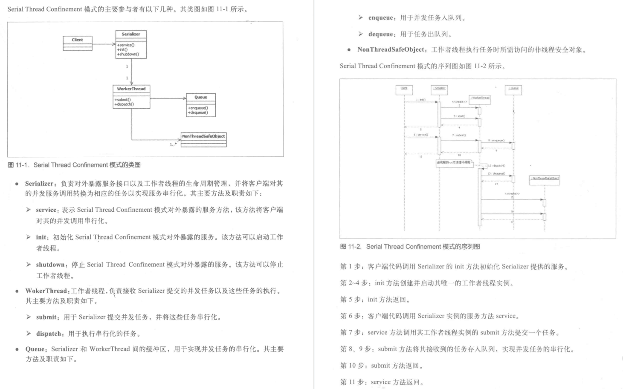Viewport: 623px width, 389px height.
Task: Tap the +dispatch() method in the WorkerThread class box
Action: (x=124, y=104)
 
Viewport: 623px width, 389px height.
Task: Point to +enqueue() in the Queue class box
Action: (x=198, y=108)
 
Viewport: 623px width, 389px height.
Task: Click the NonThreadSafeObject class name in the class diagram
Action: (x=203, y=136)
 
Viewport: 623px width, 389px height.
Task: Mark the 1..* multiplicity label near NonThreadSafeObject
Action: (x=173, y=144)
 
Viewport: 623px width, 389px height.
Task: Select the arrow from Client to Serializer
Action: (x=104, y=44)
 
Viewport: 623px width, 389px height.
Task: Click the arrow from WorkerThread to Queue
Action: (x=168, y=98)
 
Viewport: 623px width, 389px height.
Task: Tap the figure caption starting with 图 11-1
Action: (x=74, y=165)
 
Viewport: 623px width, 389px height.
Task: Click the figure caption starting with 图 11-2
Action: (x=410, y=247)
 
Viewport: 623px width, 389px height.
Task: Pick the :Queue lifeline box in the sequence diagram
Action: (x=513, y=89)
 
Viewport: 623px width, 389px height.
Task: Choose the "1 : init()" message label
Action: (x=420, y=100)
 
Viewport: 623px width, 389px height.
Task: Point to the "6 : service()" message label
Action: (x=420, y=135)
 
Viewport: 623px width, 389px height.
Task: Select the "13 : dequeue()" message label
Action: (x=496, y=173)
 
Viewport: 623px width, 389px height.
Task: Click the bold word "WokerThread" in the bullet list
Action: (x=46, y=291)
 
